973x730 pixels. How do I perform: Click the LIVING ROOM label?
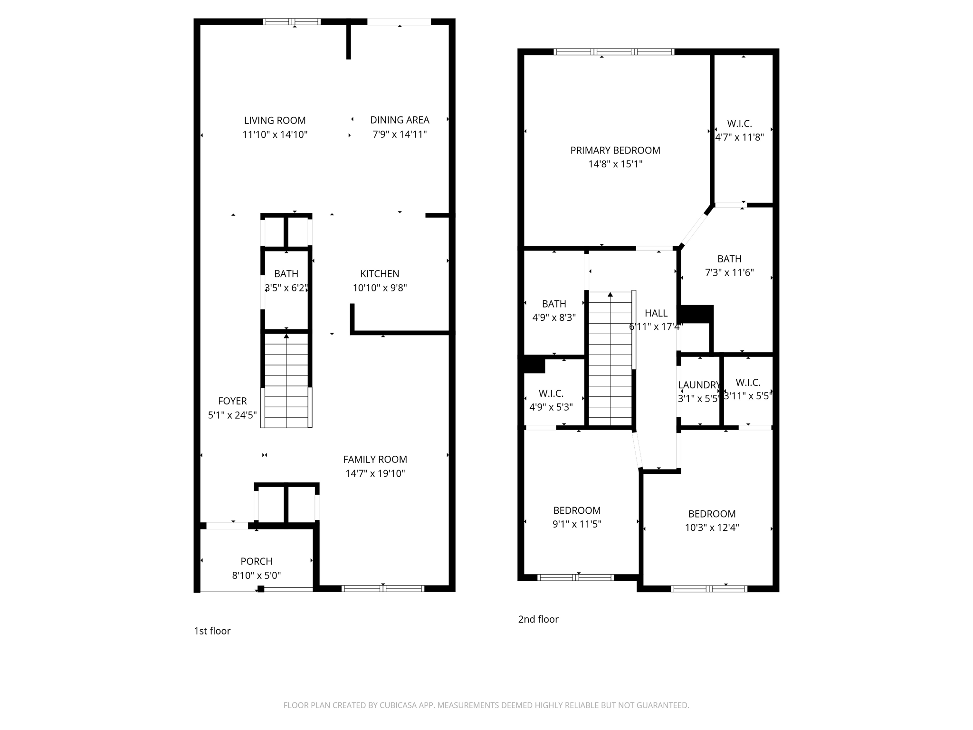275,121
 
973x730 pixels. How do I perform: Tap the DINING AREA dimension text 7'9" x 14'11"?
400,134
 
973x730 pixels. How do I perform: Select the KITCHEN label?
380,274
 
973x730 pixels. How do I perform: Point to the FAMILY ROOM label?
375,460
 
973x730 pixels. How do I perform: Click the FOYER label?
232,401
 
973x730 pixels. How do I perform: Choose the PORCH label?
256,561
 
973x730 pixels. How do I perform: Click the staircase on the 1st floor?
286,380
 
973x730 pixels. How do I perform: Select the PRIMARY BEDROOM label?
615,151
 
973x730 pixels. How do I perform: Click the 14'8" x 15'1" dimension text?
615,164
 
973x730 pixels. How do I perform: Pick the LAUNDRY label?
699,385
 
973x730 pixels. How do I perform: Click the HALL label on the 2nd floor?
656,313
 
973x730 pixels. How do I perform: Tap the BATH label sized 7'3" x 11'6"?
729,259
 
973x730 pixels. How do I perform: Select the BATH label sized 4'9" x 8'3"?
554,304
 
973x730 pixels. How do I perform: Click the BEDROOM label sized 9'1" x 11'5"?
577,510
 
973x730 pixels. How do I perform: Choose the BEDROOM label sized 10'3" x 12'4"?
712,514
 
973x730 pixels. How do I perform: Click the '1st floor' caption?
212,631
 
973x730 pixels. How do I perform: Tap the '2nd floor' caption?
538,619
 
